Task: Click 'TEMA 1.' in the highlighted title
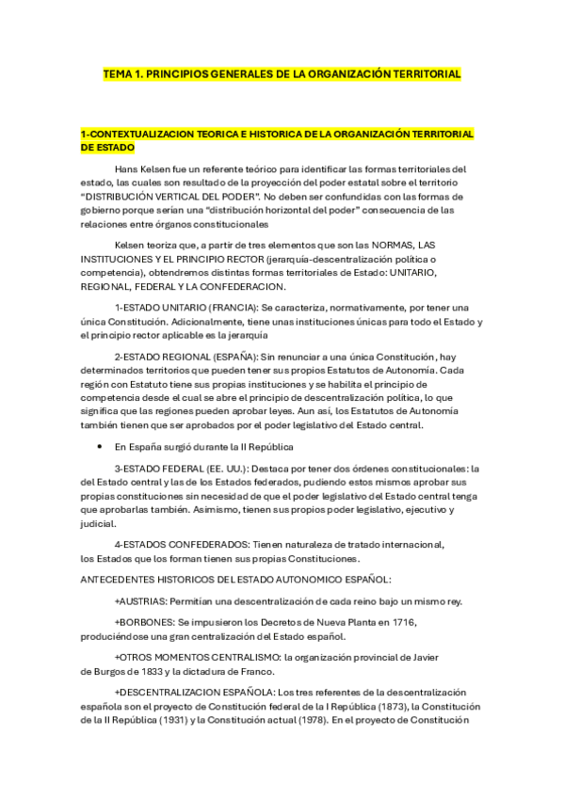pos(122,72)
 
